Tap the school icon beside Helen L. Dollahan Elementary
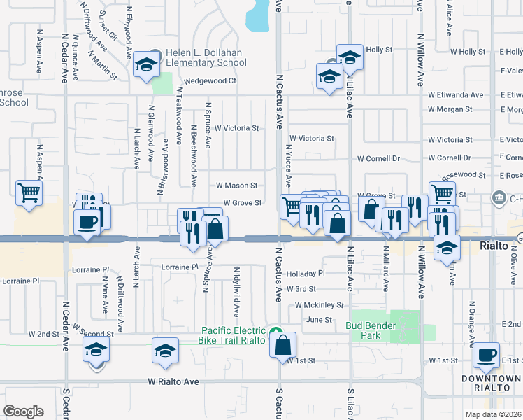click(x=146, y=64)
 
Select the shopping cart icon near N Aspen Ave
click(x=28, y=192)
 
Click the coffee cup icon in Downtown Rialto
click(x=486, y=356)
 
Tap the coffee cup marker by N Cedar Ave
click(x=87, y=223)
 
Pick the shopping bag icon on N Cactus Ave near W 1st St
click(x=282, y=344)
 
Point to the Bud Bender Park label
click(x=371, y=330)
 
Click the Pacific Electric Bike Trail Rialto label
click(x=234, y=335)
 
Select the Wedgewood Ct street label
click(x=210, y=81)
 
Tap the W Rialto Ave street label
click(x=173, y=382)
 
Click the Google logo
click(x=24, y=411)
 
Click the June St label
click(x=317, y=319)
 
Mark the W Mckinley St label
click(x=320, y=305)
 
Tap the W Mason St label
click(x=236, y=185)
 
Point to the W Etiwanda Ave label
click(x=456, y=95)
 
